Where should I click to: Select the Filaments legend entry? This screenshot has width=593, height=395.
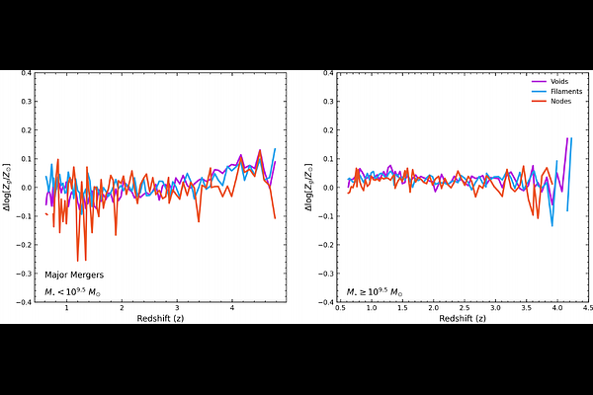pos(558,91)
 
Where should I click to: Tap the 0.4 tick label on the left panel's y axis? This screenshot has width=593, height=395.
pos(26,72)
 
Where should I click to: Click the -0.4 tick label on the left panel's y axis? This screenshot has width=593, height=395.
pos(24,302)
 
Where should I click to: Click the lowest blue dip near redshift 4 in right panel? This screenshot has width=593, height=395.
pos(552,226)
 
